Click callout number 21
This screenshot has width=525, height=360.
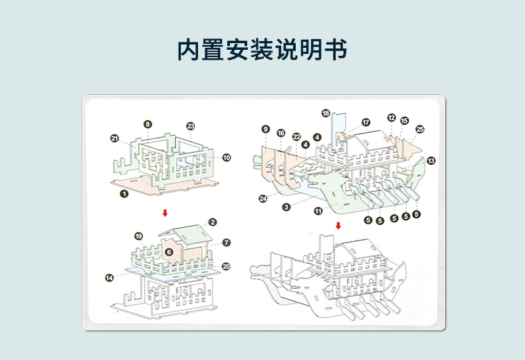point(114,138)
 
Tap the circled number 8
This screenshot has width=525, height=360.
point(148,124)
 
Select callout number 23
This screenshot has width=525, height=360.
point(191,126)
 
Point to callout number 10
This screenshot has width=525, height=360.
point(227,157)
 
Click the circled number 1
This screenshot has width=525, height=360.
point(124,193)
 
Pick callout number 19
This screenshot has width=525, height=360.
point(138,236)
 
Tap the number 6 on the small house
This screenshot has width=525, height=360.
point(169,252)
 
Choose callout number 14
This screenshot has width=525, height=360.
point(108,277)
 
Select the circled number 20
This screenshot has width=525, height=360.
point(226,266)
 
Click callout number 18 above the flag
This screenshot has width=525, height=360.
point(326,113)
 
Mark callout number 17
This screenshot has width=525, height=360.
point(366,122)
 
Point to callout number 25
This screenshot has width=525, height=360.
point(420,130)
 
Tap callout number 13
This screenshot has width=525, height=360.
point(431,160)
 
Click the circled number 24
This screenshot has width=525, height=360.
point(263,198)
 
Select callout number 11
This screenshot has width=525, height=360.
point(318,211)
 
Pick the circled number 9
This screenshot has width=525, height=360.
point(266,129)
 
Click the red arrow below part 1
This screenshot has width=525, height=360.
point(165,213)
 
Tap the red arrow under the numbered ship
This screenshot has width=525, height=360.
point(338,226)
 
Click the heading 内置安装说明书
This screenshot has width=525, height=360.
point(262,50)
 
